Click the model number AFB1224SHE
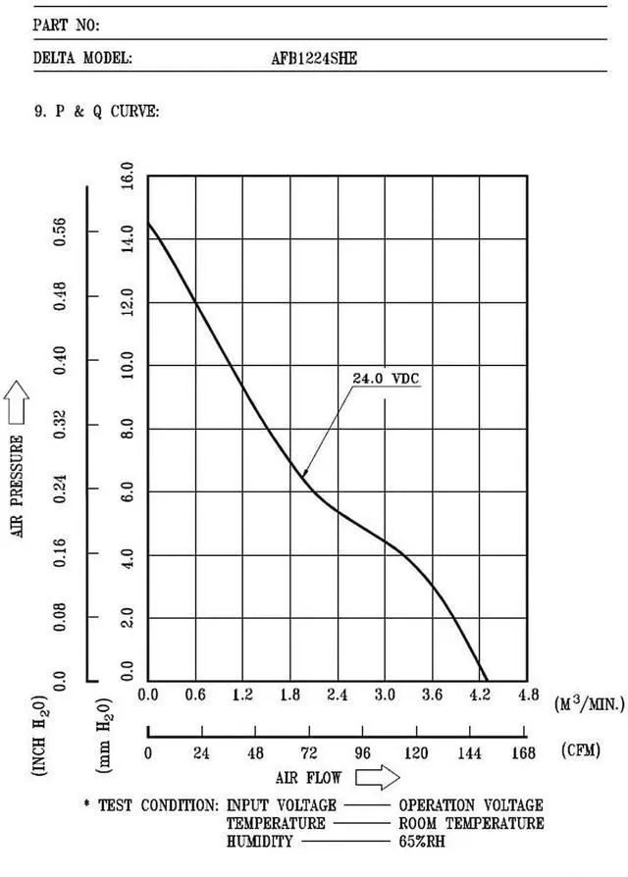click(x=314, y=58)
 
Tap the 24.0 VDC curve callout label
click(x=387, y=378)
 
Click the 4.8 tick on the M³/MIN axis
click(x=528, y=696)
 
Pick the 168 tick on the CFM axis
click(x=524, y=753)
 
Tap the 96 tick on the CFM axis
click(x=362, y=753)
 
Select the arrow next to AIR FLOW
click(x=377, y=778)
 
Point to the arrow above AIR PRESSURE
click(x=19, y=402)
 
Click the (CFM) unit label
click(x=583, y=751)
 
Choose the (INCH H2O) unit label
click(x=41, y=736)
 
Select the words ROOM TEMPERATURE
click(x=471, y=823)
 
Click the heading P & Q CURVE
click(x=97, y=111)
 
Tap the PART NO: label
click(x=67, y=25)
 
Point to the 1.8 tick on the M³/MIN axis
click(x=290, y=696)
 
